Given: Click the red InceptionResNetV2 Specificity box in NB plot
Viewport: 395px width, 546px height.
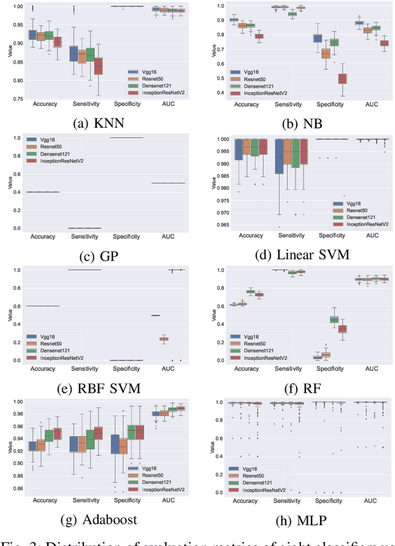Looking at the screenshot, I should tap(341, 78).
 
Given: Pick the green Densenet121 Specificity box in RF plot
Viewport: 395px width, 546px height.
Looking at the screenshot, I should tap(333, 319).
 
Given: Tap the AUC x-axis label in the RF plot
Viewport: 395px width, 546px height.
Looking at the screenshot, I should tap(372, 369).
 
